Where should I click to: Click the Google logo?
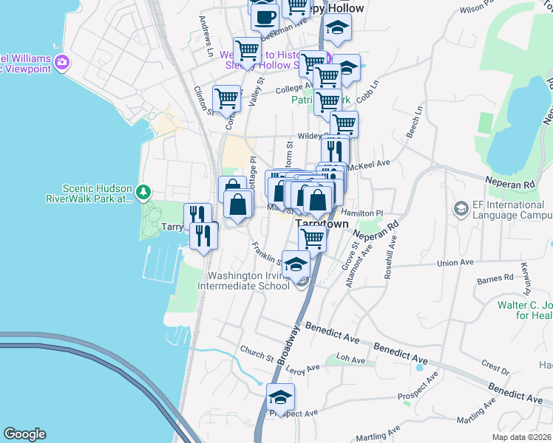click(x=24, y=434)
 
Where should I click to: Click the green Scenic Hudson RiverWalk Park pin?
click(x=143, y=193)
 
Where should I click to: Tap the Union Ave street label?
click(x=455, y=262)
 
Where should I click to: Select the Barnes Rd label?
click(x=495, y=279)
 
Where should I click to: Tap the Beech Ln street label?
click(x=415, y=120)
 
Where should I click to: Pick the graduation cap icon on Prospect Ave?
click(x=280, y=398)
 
